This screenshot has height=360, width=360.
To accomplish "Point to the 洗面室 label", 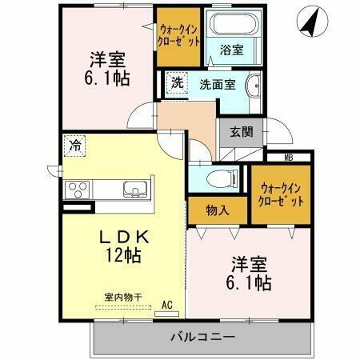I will [217, 85].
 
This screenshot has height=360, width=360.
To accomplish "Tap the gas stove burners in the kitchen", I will [78, 190].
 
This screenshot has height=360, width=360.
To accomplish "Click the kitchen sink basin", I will [135, 190].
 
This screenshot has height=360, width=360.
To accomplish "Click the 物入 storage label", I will [218, 211].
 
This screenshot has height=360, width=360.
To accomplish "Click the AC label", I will [167, 305].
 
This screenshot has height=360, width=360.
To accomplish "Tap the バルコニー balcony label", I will [202, 337].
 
